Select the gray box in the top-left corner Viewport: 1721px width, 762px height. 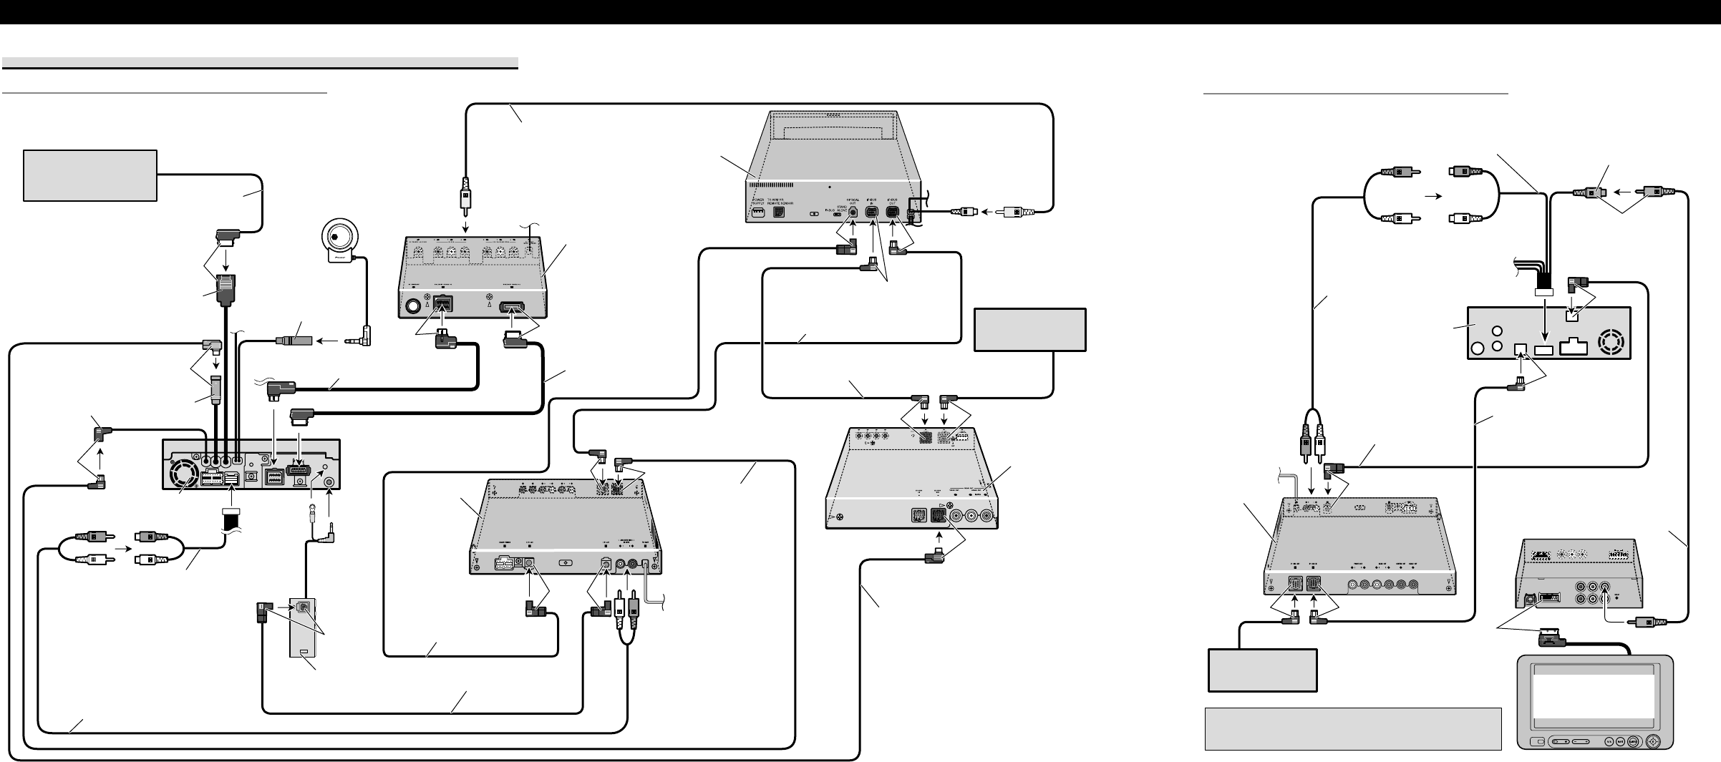coord(90,175)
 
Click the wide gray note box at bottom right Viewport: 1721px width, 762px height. coord(1352,729)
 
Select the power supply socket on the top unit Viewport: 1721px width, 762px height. coord(757,213)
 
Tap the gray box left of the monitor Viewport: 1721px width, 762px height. coord(1263,670)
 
